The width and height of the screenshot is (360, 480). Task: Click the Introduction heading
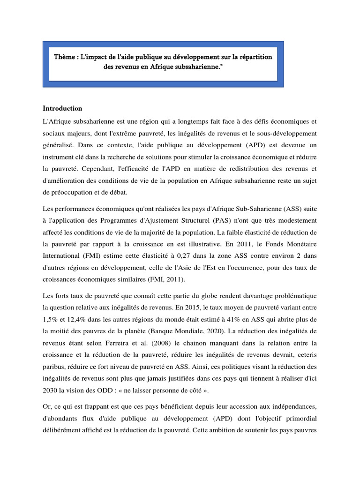click(62, 108)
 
